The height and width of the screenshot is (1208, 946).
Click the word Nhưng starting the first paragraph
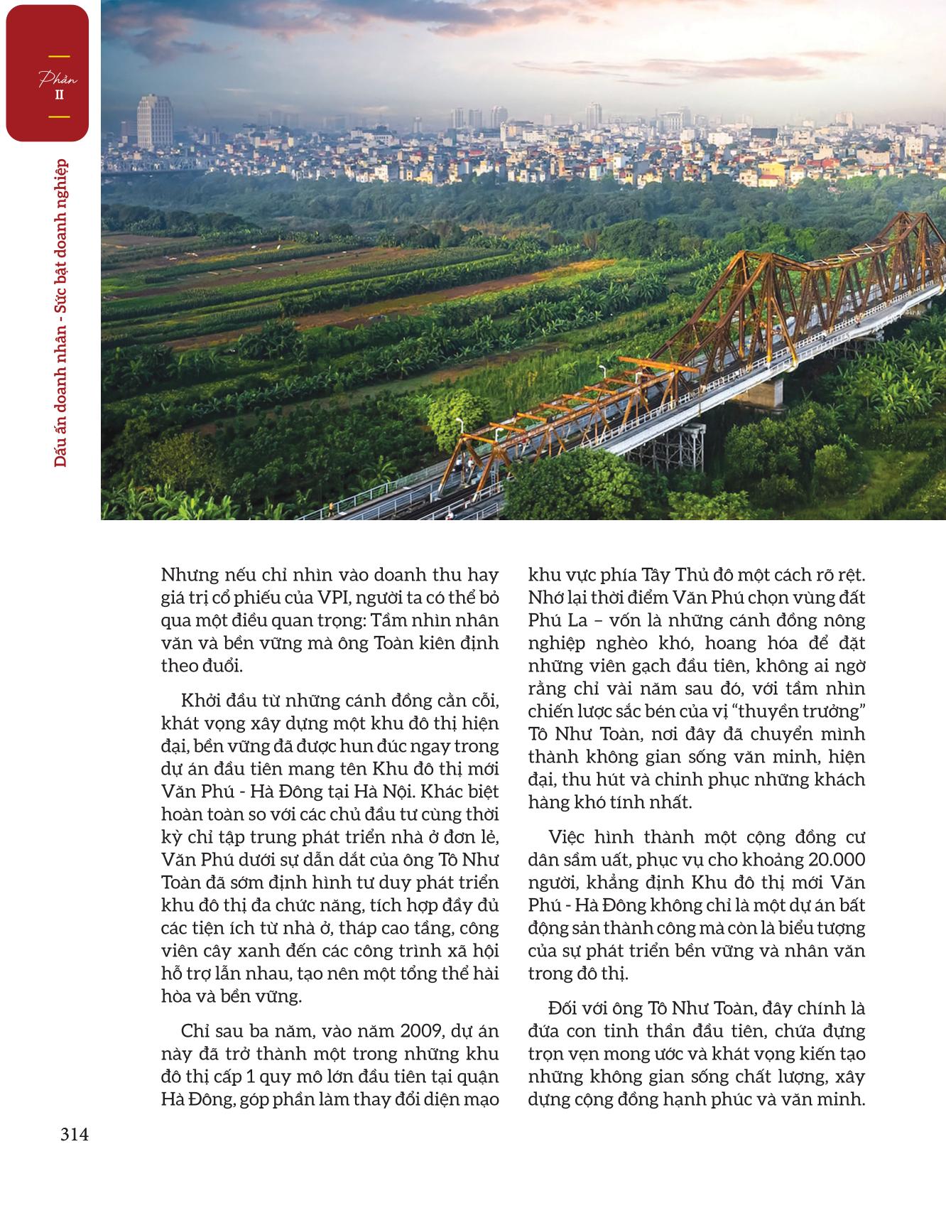[192, 575]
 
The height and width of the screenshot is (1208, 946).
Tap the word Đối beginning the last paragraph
[566, 1008]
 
